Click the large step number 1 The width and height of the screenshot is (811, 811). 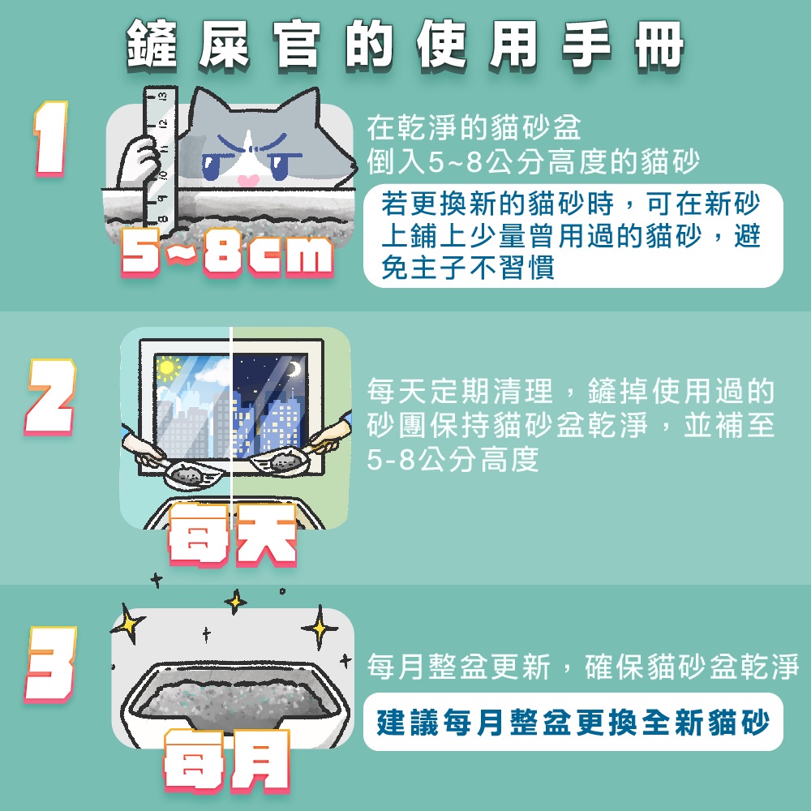pyautogui.click(x=50, y=139)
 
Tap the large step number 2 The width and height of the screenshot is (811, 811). pyautogui.click(x=49, y=397)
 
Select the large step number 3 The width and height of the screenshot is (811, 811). pyautogui.click(x=50, y=663)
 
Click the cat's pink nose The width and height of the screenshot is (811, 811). pyautogui.click(x=247, y=181)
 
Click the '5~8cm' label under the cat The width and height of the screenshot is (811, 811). pyautogui.click(x=226, y=252)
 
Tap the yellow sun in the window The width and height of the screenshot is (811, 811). pyautogui.click(x=166, y=367)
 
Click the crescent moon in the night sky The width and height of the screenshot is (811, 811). pyautogui.click(x=294, y=369)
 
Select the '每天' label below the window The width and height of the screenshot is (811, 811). pyautogui.click(x=232, y=534)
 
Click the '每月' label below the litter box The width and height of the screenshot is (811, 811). pyautogui.click(x=226, y=762)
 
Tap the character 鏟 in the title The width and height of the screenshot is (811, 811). pyautogui.click(x=151, y=45)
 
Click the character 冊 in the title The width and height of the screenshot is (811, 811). pyautogui.click(x=659, y=45)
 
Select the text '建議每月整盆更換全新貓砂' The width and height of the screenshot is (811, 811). pyautogui.click(x=573, y=722)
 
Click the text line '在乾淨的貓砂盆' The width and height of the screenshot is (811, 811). pyautogui.click(x=474, y=127)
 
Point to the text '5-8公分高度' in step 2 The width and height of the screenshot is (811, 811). pyautogui.click(x=453, y=459)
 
